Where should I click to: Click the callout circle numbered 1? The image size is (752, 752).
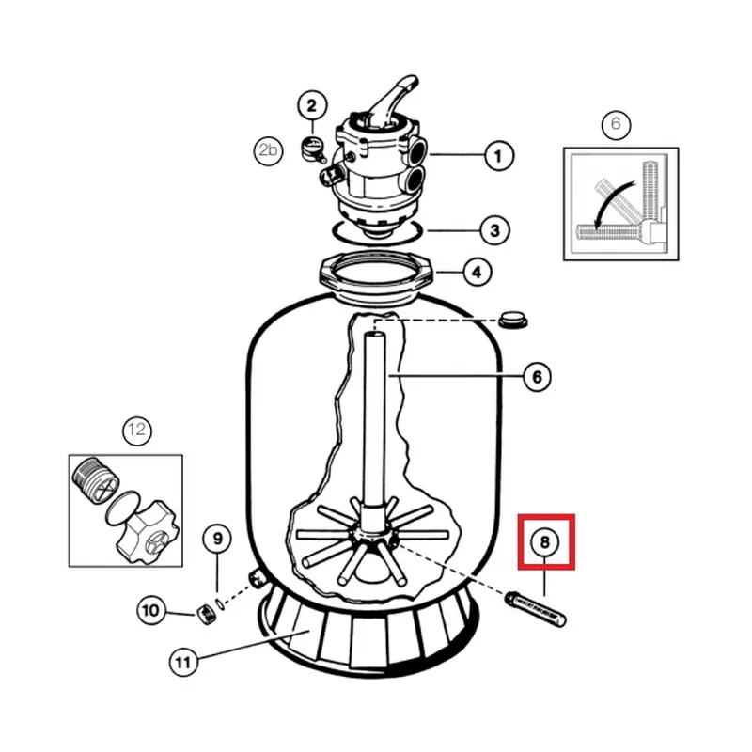[498, 155]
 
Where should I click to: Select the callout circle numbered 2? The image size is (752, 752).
[311, 106]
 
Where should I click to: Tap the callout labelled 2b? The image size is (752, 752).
[268, 149]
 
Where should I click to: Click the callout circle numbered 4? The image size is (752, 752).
[478, 273]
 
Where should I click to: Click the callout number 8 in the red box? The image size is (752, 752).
[545, 542]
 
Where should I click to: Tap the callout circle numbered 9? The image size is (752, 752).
[217, 540]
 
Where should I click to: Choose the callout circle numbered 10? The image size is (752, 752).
[150, 611]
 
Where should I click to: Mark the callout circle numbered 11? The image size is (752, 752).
[183, 663]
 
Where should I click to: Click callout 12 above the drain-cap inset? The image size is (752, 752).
[137, 431]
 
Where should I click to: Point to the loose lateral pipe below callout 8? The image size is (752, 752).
[538, 606]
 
